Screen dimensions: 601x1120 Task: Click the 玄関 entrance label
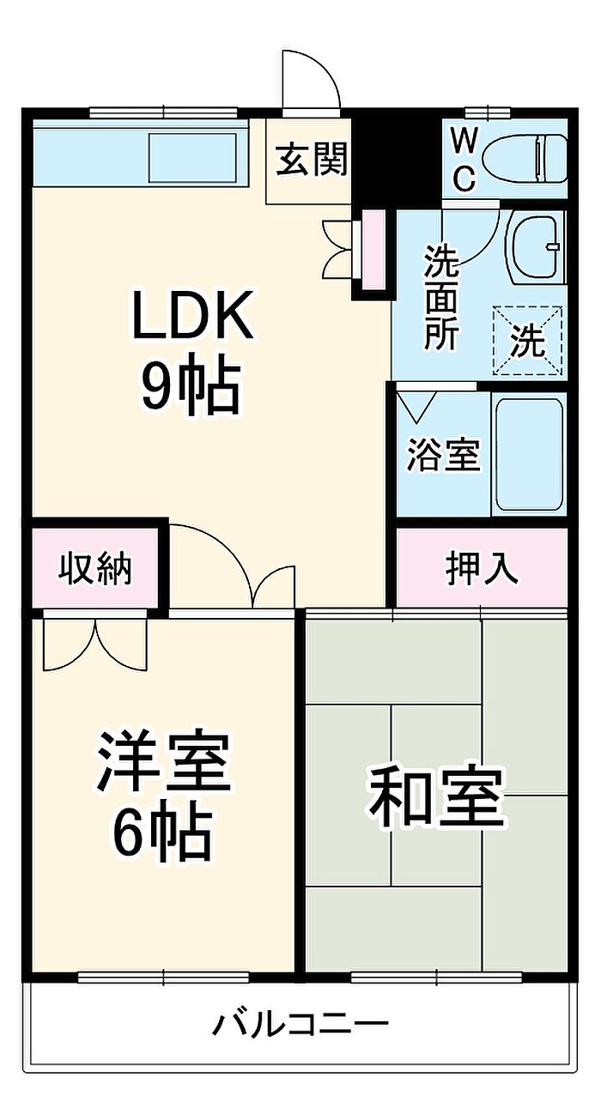312,159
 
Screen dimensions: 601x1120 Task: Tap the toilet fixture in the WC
525,160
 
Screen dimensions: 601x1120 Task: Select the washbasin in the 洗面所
536,247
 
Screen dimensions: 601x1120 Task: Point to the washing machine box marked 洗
528,340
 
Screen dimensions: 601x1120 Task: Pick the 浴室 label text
444,455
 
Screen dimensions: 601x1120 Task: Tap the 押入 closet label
481,568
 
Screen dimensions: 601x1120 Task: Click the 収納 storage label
95,569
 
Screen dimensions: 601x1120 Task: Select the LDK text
192,316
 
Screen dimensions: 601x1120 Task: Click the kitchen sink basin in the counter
192,159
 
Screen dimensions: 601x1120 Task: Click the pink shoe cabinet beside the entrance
373,250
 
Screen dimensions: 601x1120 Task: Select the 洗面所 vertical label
441,298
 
